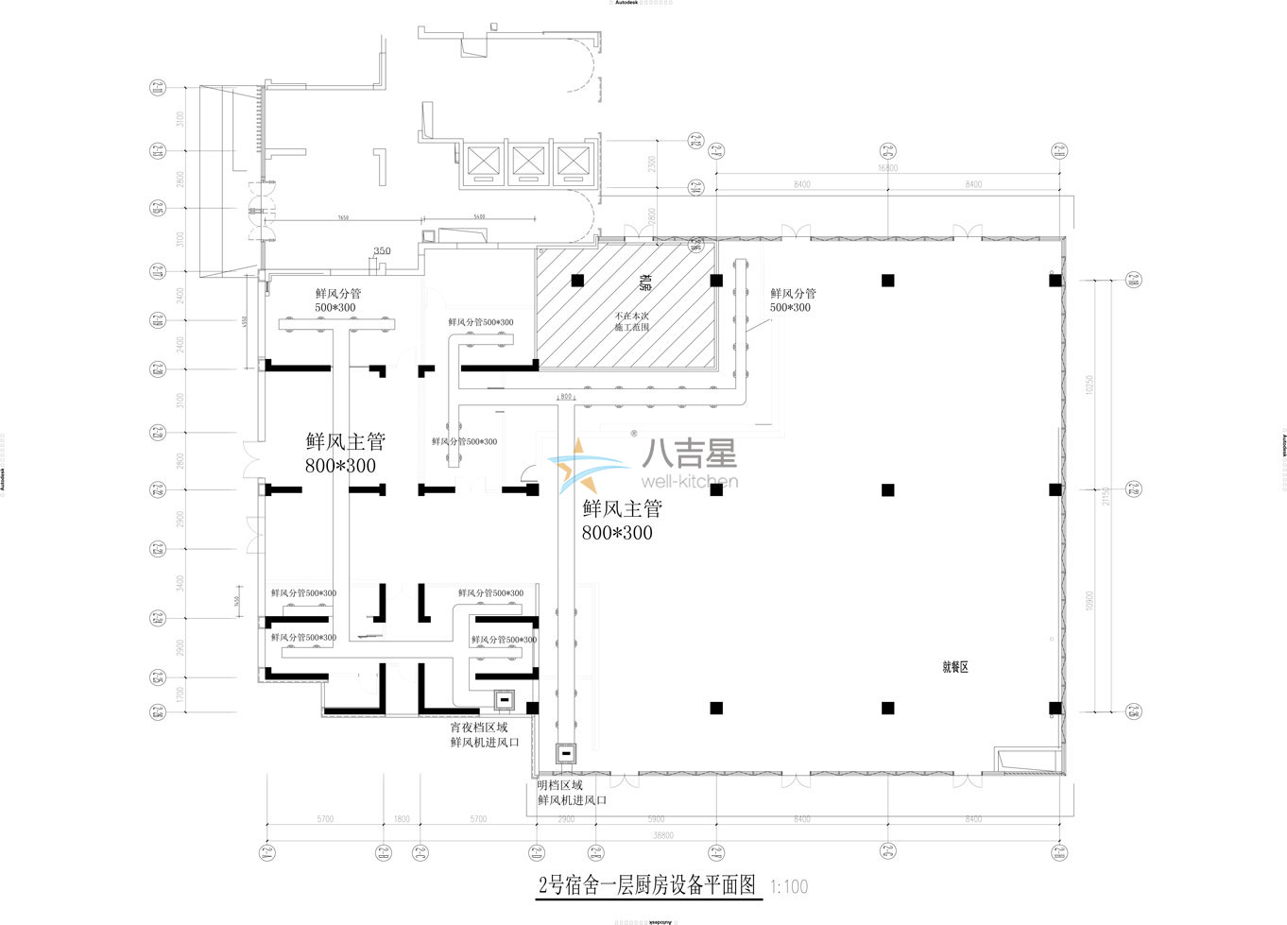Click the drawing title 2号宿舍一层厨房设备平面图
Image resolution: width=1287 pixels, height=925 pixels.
tap(648, 885)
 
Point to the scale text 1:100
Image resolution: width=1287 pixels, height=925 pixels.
tap(789, 887)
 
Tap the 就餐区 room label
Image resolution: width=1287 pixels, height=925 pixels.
tap(955, 667)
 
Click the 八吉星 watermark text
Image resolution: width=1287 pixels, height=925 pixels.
tap(689, 455)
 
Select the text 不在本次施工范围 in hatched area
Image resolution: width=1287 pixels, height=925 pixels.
tap(631, 321)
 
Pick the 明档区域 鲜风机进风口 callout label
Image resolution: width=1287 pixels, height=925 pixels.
tap(571, 793)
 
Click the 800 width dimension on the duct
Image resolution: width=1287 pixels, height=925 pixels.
tap(566, 397)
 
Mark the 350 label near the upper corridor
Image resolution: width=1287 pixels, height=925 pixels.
tap(382, 251)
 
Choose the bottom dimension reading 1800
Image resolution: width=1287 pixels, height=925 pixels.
tap(401, 819)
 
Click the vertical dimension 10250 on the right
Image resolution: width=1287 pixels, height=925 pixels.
tap(1090, 385)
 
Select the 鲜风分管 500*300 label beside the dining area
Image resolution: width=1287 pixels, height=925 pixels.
tap(792, 300)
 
